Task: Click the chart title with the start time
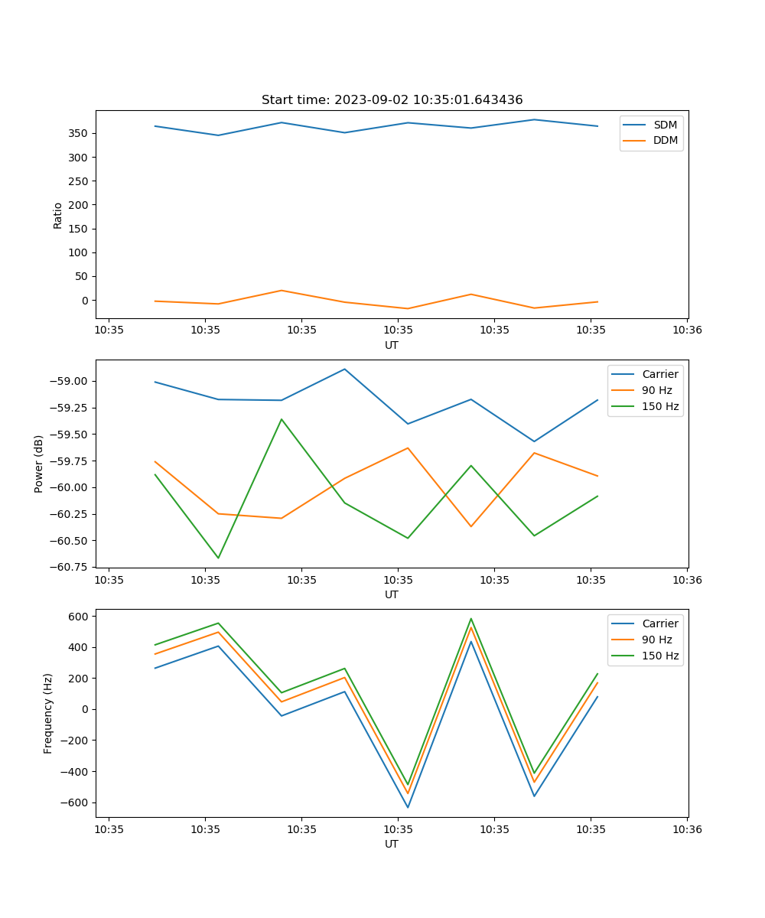coord(392,100)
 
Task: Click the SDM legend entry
coord(665,125)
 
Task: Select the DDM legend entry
coord(665,140)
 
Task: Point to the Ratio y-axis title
coord(58,214)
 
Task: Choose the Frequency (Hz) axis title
coord(48,713)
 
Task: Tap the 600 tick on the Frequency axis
coord(80,616)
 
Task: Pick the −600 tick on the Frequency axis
coord(76,802)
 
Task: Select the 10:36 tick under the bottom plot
coord(687,828)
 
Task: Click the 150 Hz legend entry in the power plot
coord(660,406)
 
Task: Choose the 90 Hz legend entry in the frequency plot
coord(657,640)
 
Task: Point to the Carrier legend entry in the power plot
coord(660,374)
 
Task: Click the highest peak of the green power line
coord(282,419)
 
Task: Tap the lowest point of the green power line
coord(218,558)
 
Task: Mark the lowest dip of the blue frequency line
coord(408,807)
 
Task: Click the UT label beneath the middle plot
coord(392,594)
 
